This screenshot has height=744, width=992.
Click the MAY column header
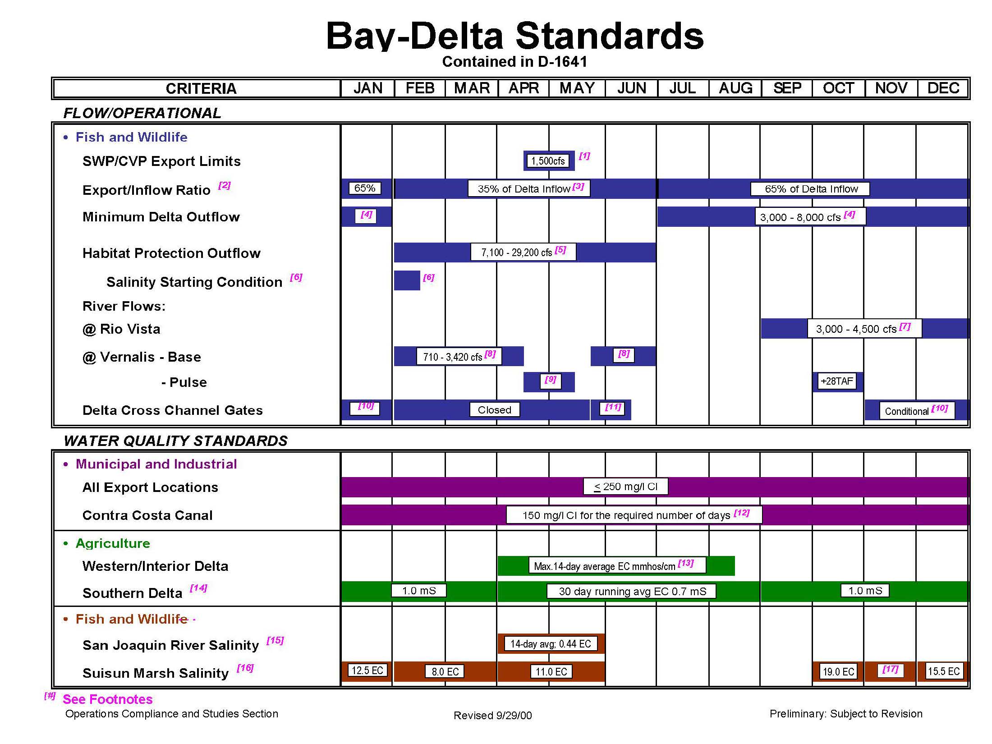pyautogui.click(x=577, y=88)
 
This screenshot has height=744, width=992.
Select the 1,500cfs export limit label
pyautogui.click(x=548, y=161)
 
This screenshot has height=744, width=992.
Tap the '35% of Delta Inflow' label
pyautogui.click(x=528, y=189)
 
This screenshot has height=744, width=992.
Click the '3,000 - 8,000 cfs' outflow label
pyautogui.click(x=810, y=217)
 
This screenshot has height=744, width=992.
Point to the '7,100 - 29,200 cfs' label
pyautogui.click(x=523, y=252)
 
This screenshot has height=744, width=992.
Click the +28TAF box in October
pyautogui.click(x=837, y=381)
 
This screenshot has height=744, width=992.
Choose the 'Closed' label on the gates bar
pyautogui.click(x=495, y=410)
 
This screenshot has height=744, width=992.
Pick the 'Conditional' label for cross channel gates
pyautogui.click(x=916, y=411)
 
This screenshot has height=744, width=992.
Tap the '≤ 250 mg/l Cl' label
pyautogui.click(x=626, y=487)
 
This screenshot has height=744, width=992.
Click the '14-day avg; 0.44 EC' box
pyautogui.click(x=551, y=644)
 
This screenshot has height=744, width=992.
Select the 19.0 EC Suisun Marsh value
pyautogui.click(x=839, y=672)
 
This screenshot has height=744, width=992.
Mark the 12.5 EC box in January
pyautogui.click(x=367, y=671)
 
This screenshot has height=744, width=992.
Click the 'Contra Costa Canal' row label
pyautogui.click(x=147, y=515)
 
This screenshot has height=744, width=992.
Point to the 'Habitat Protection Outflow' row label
pyautogui.click(x=171, y=253)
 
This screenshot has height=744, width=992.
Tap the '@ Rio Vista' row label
pyautogui.click(x=121, y=329)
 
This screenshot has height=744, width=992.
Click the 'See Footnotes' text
pyautogui.click(x=108, y=699)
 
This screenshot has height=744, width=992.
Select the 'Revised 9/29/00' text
pyautogui.click(x=493, y=716)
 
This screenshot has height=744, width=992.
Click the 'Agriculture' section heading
pyautogui.click(x=113, y=543)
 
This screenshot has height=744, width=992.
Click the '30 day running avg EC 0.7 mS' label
pyautogui.click(x=632, y=591)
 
